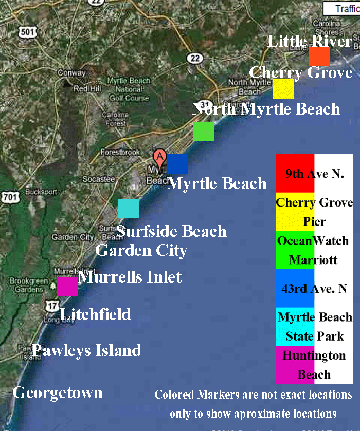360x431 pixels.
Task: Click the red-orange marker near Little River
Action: pos(319,57)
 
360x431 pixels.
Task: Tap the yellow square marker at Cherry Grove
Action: pos(283,89)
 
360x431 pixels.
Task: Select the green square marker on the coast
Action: pos(203,132)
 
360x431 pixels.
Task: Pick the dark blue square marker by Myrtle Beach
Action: pos(177,163)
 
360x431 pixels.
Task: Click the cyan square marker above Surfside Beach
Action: pos(129,209)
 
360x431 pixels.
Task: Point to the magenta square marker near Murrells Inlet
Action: pos(67,287)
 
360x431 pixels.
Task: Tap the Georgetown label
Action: pos(58,393)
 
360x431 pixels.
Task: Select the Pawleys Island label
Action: pos(86,350)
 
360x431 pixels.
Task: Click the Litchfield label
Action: pos(95,314)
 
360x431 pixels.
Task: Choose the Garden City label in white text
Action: pos(141,251)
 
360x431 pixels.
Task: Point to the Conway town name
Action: pos(71,73)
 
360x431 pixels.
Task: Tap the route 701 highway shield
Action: pos(10,197)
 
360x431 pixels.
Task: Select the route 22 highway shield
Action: pos(194,58)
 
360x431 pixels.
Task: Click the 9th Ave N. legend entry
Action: pos(314,174)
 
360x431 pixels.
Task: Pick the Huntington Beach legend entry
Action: pos(314,365)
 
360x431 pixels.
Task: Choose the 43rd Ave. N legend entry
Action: pos(314,289)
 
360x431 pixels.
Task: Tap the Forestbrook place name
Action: pos(120,153)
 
